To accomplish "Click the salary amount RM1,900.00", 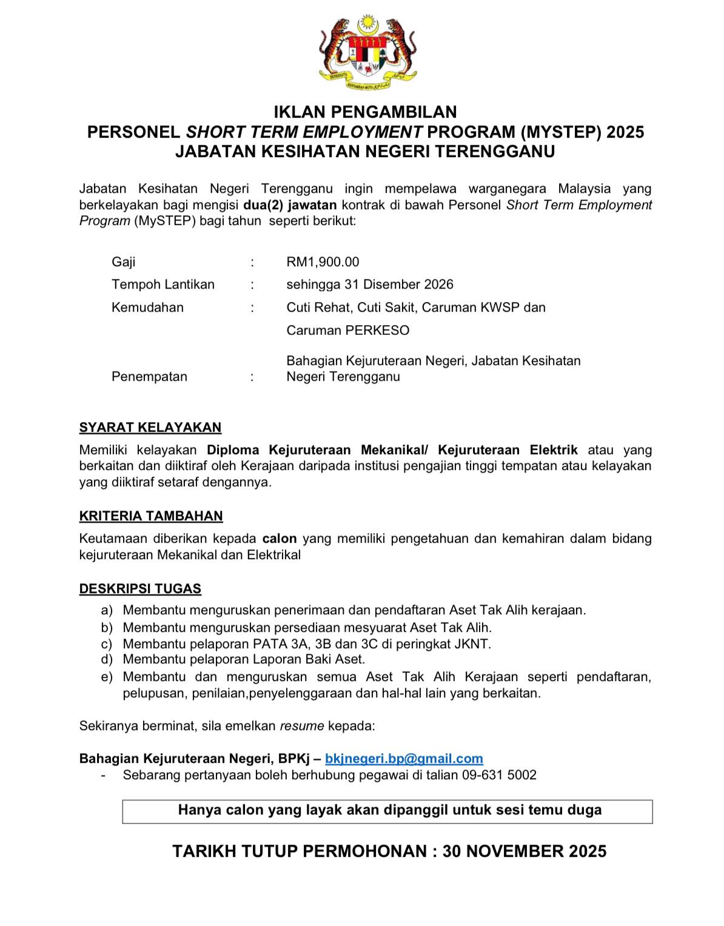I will click(x=323, y=262).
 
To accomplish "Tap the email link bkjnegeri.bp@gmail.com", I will click(x=404, y=759).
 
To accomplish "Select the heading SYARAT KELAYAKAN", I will click(x=150, y=428).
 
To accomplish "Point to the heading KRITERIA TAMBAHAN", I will click(x=151, y=516).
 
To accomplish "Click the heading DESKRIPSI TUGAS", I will click(x=140, y=589).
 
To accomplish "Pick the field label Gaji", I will click(x=124, y=262).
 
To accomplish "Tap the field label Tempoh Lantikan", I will click(x=163, y=284).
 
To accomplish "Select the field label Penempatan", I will click(x=149, y=377).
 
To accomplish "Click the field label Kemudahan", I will click(x=147, y=307).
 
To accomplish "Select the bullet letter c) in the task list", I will click(x=107, y=644).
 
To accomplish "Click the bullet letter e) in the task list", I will click(x=107, y=677).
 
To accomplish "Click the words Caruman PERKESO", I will click(x=348, y=330).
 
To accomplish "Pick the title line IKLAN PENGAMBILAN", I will click(x=365, y=112).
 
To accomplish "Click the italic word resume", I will click(x=302, y=726).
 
